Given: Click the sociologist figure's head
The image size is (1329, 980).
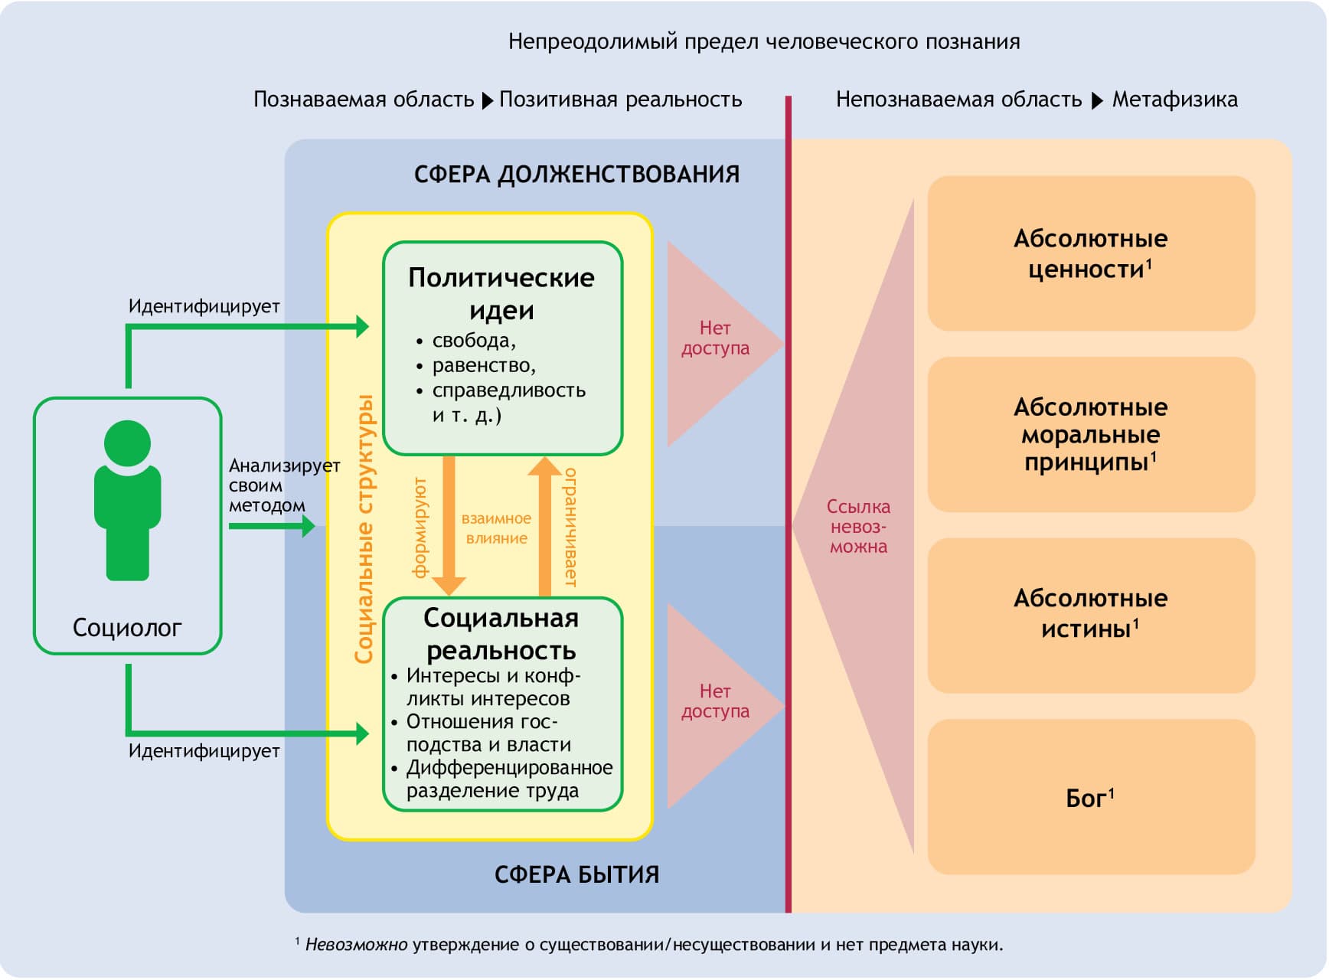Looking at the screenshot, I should pyautogui.click(x=127, y=443).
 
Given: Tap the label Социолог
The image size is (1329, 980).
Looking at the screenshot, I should pyautogui.click(x=127, y=628).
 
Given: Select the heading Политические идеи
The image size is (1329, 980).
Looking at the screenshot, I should pyautogui.click(x=501, y=293).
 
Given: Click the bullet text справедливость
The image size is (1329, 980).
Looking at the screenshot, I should pyautogui.click(x=508, y=390).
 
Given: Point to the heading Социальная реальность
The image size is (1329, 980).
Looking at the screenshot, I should pyautogui.click(x=501, y=634).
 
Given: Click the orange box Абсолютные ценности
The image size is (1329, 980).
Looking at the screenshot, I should pyautogui.click(x=1090, y=253).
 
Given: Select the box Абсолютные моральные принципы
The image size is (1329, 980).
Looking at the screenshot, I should pyautogui.click(x=1090, y=434).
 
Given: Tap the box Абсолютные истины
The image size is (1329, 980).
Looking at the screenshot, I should pyautogui.click(x=1090, y=613).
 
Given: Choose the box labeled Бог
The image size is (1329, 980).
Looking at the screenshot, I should pyautogui.click(x=1090, y=798).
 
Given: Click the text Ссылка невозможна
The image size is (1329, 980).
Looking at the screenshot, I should pyautogui.click(x=858, y=527).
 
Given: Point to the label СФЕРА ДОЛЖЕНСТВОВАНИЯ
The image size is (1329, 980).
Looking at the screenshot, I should pyautogui.click(x=576, y=175).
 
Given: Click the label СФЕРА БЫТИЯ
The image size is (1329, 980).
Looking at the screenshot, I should pyautogui.click(x=576, y=874).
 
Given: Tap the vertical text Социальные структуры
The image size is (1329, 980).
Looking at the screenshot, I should pyautogui.click(x=364, y=528).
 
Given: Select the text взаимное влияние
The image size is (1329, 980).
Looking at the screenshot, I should pyautogui.click(x=496, y=528).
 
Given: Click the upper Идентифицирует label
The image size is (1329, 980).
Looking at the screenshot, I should pyautogui.click(x=204, y=306).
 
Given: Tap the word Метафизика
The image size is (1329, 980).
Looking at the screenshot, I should pyautogui.click(x=1174, y=100).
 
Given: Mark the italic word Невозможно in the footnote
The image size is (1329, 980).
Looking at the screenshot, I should pyautogui.click(x=356, y=945).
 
